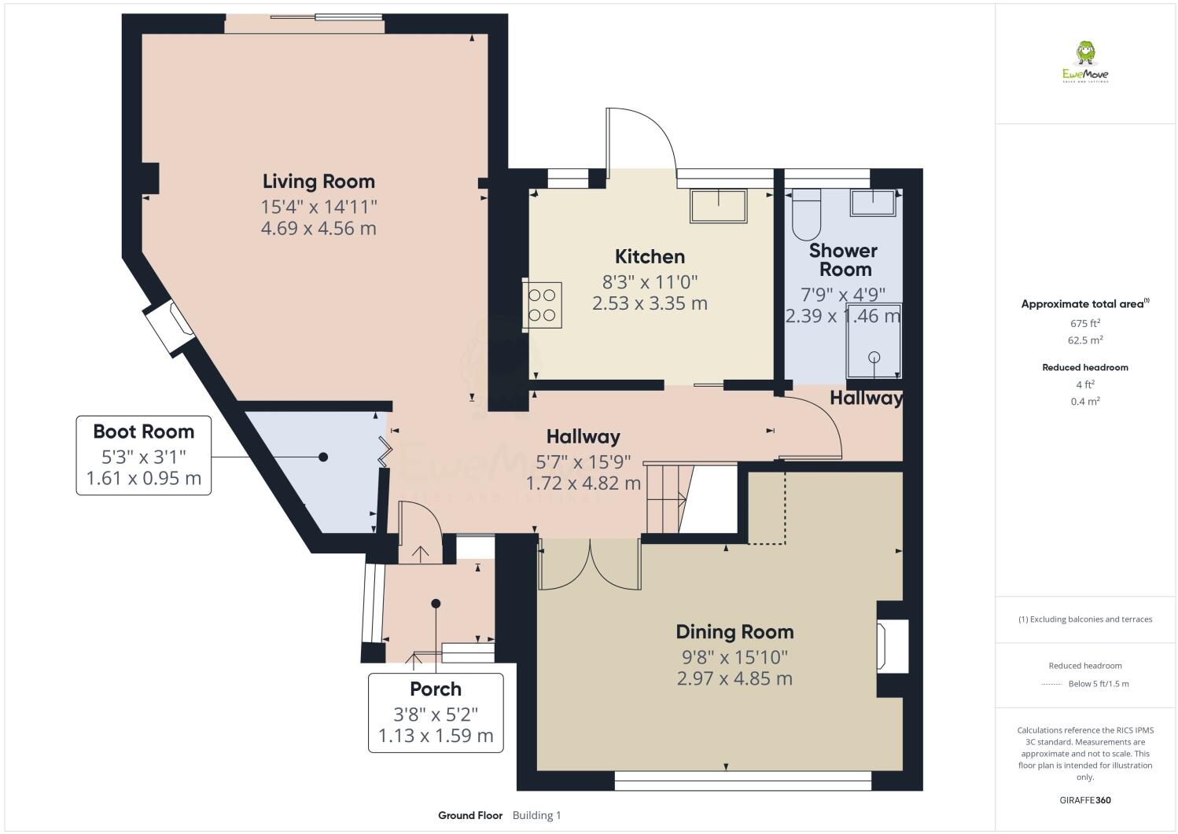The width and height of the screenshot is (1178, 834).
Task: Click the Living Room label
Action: pyautogui.click(x=318, y=182)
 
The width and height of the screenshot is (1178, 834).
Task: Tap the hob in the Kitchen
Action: pyautogui.click(x=543, y=304)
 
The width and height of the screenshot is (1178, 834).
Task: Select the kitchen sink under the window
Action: pyautogui.click(x=720, y=206)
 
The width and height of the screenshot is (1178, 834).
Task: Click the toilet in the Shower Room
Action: pyautogui.click(x=806, y=214)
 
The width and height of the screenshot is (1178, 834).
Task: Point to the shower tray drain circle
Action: pyautogui.click(x=874, y=357)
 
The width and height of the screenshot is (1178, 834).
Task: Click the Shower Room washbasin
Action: pyautogui.click(x=873, y=203)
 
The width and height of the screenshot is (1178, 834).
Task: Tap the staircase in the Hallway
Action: pyautogui.click(x=667, y=498)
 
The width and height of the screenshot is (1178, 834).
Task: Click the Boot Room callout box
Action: pyautogui.click(x=143, y=455)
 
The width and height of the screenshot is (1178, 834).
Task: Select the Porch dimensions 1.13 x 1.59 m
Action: pyautogui.click(x=436, y=737)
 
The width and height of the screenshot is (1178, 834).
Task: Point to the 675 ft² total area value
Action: pyautogui.click(x=1084, y=323)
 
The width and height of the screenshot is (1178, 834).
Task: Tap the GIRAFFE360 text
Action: pyautogui.click(x=1084, y=800)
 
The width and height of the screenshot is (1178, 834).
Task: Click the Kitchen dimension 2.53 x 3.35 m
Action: pyautogui.click(x=650, y=303)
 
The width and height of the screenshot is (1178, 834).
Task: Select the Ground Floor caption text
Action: pyautogui.click(x=470, y=815)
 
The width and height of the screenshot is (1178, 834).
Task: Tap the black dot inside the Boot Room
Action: pyautogui.click(x=322, y=457)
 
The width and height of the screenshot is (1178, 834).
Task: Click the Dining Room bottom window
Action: pyautogui.click(x=742, y=781)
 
